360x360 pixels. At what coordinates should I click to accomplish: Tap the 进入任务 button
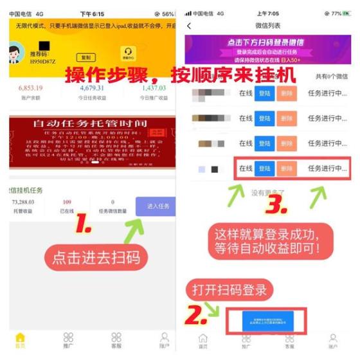[157, 206]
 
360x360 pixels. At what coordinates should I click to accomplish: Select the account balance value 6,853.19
[31, 88]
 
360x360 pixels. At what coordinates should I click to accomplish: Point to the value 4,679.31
[92, 88]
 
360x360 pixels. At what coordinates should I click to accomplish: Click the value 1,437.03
[154, 88]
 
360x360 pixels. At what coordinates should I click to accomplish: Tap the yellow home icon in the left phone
[20, 337]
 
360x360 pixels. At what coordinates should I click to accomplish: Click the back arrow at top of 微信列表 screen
[189, 26]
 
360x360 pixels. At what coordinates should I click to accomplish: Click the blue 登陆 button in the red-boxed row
[264, 168]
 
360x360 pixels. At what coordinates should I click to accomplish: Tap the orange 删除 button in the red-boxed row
[287, 168]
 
